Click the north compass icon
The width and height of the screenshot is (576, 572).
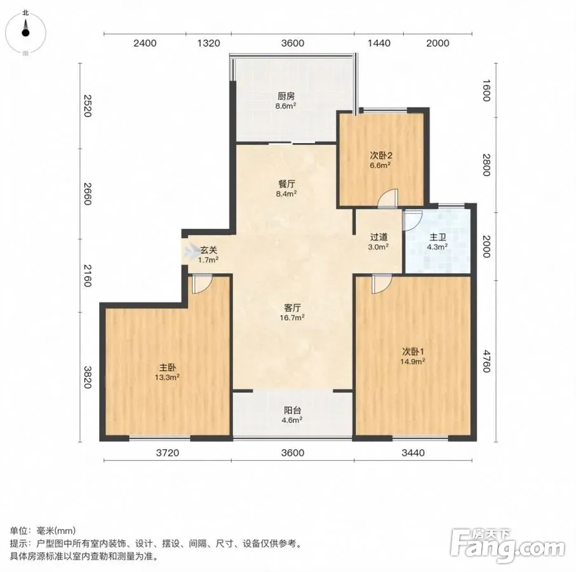point(25,33)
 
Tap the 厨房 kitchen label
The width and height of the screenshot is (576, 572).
point(286,101)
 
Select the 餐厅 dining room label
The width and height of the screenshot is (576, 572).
point(286,188)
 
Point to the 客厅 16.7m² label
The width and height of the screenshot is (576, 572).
point(292,312)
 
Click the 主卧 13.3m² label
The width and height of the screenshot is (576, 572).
point(167,372)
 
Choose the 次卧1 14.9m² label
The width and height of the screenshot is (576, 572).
point(413,356)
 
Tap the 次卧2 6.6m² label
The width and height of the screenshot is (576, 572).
point(380,160)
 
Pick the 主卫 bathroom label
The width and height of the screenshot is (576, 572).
point(437,242)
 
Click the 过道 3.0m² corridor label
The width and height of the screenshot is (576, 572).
point(378,242)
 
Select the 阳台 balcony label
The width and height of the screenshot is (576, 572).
point(292,414)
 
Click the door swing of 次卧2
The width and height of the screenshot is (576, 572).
point(388,198)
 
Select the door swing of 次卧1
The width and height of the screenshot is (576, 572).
point(382,284)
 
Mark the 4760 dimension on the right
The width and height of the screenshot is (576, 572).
point(486,361)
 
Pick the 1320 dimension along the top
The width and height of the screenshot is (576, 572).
point(209,43)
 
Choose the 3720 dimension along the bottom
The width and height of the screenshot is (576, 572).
point(168,453)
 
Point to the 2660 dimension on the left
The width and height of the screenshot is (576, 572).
point(87,194)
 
